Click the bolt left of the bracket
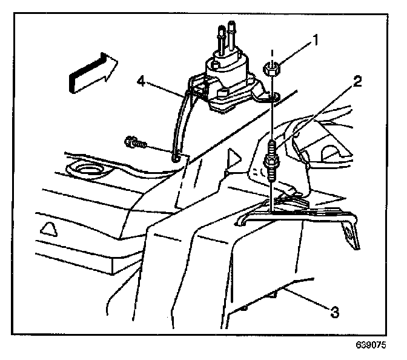pyautogui.click(x=134, y=143)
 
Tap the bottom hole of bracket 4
pyautogui.click(x=176, y=158)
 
